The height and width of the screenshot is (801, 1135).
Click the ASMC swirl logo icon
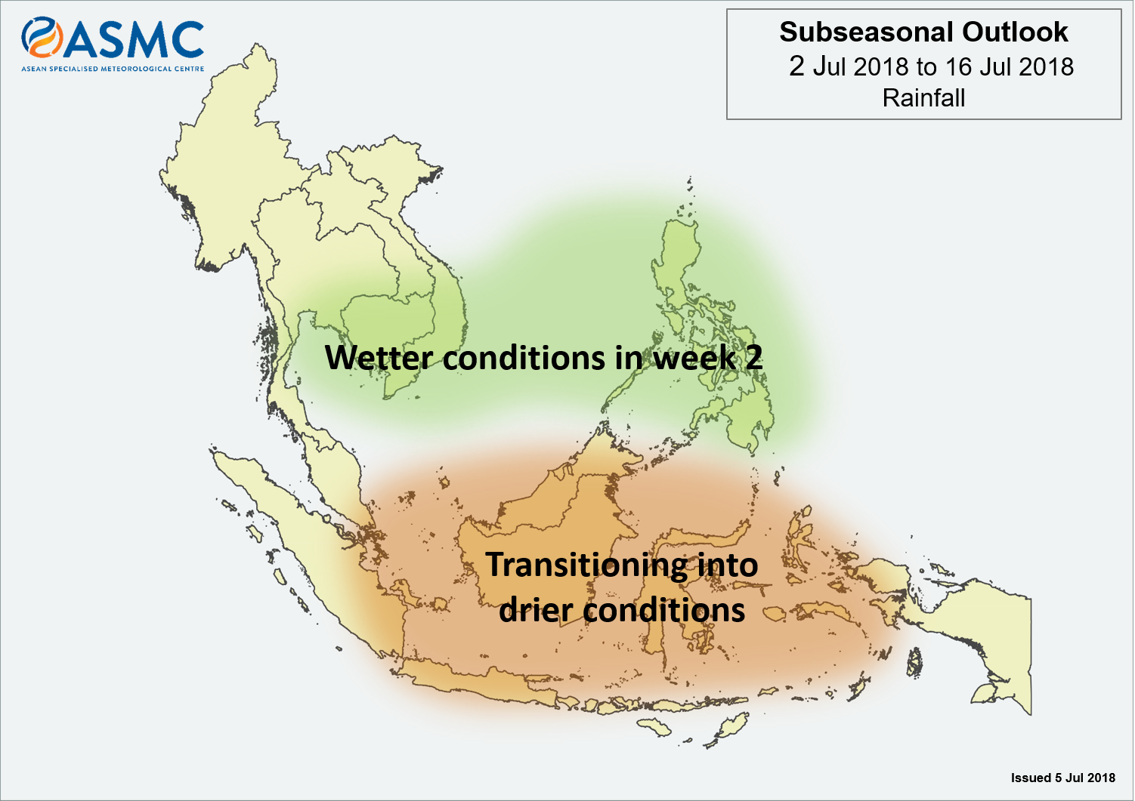pos(42,38)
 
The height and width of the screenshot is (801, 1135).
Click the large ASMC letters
pos(134,39)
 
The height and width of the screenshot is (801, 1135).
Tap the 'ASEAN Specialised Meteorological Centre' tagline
pos(113,69)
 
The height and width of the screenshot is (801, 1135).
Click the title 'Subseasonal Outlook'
pos(923,32)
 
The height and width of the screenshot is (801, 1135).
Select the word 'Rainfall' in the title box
pos(923,97)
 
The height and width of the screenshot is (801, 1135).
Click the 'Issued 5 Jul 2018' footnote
pos(1063,778)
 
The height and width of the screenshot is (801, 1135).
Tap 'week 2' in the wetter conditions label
pos(708,357)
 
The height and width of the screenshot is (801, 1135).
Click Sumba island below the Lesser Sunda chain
pos(656,727)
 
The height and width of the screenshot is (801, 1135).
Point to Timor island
pos(726,729)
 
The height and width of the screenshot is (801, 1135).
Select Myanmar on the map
pos(223,152)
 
